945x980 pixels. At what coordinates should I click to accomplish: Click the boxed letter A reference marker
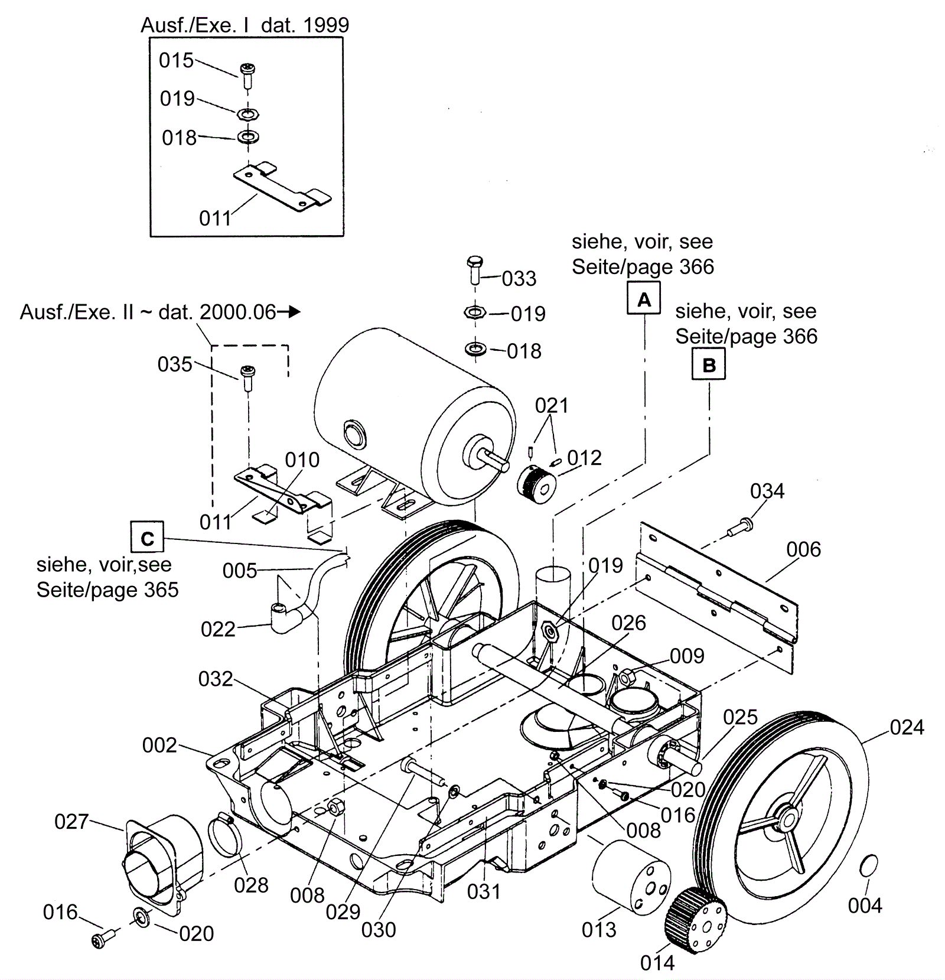point(644,299)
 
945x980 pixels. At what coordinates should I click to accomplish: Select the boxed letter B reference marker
point(708,364)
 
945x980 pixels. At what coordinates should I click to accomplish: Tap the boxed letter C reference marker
point(147,538)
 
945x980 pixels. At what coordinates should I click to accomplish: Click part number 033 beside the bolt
point(519,278)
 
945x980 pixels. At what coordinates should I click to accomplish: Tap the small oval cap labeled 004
point(869,866)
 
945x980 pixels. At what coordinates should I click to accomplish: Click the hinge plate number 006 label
point(803,549)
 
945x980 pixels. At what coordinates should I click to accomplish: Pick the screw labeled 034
point(740,528)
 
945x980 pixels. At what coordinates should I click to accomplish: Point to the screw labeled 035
point(247,379)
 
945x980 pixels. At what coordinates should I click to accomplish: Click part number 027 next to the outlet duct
point(71,821)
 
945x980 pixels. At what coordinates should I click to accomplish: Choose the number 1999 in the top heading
point(325,25)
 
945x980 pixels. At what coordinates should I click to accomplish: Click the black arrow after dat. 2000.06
point(289,311)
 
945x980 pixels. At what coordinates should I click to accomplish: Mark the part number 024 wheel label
point(907,727)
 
